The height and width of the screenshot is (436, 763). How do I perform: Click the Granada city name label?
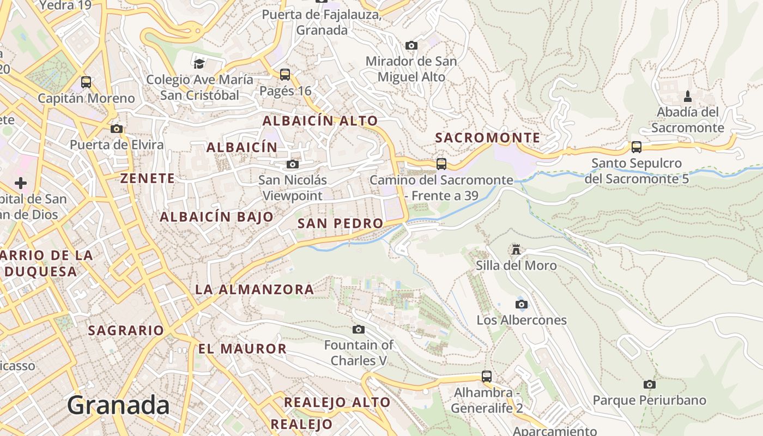pyautogui.click(x=118, y=405)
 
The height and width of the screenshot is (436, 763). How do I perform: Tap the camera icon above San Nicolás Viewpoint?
pyautogui.click(x=293, y=164)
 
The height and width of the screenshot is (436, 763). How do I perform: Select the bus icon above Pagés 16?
pyautogui.click(x=284, y=75)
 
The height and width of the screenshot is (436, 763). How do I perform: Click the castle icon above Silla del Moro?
pyautogui.click(x=516, y=250)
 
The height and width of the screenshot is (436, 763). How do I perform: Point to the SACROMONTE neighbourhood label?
pyautogui.click(x=488, y=138)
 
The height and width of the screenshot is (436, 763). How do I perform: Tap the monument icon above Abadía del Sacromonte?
pyautogui.click(x=687, y=96)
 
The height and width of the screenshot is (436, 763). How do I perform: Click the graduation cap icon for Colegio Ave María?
pyautogui.click(x=199, y=64)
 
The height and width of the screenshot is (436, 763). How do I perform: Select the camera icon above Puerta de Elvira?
pyautogui.click(x=116, y=129)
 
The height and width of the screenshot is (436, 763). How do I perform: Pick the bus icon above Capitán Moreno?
pyautogui.click(x=86, y=82)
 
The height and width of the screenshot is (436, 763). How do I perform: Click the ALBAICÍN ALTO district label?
pyautogui.click(x=320, y=121)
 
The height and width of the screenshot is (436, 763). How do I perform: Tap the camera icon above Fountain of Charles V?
pyautogui.click(x=358, y=329)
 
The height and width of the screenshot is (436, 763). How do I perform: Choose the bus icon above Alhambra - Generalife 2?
pyautogui.click(x=486, y=376)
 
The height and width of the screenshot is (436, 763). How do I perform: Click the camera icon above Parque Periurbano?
pyautogui.click(x=649, y=384)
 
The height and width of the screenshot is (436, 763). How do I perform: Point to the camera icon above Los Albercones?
pyautogui.click(x=522, y=304)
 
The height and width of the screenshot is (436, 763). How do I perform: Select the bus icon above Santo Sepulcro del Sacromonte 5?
pyautogui.click(x=636, y=147)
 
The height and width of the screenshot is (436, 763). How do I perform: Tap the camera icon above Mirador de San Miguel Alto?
pyautogui.click(x=411, y=45)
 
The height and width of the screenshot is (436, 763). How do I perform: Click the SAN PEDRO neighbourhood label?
pyautogui.click(x=341, y=223)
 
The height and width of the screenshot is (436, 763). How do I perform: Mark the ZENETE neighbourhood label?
pyautogui.click(x=148, y=178)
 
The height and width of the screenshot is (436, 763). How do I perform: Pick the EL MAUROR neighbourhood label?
pyautogui.click(x=242, y=349)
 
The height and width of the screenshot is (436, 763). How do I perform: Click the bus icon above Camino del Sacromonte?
pyautogui.click(x=441, y=163)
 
